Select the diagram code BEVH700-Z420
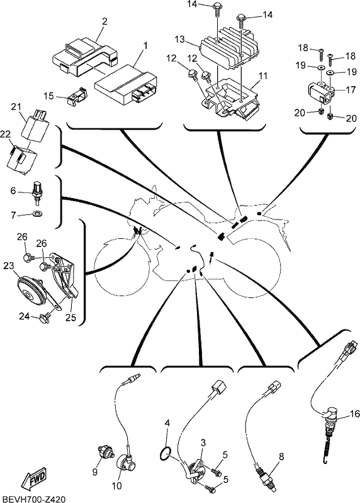pyautogui.click(x=33, y=499)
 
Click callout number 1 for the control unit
pyautogui.click(x=145, y=45)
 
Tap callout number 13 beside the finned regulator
pyautogui.click(x=180, y=40)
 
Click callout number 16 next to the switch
pyautogui.click(x=355, y=414)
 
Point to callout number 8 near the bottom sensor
pyautogui.click(x=281, y=457)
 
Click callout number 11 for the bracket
pyautogui.click(x=262, y=76)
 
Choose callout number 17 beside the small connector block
pyautogui.click(x=351, y=89)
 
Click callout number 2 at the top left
pyautogui.click(x=104, y=21)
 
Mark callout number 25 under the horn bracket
pyautogui.click(x=71, y=318)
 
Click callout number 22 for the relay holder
pyautogui.click(x=5, y=135)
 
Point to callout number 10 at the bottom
pyautogui.click(x=117, y=485)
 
